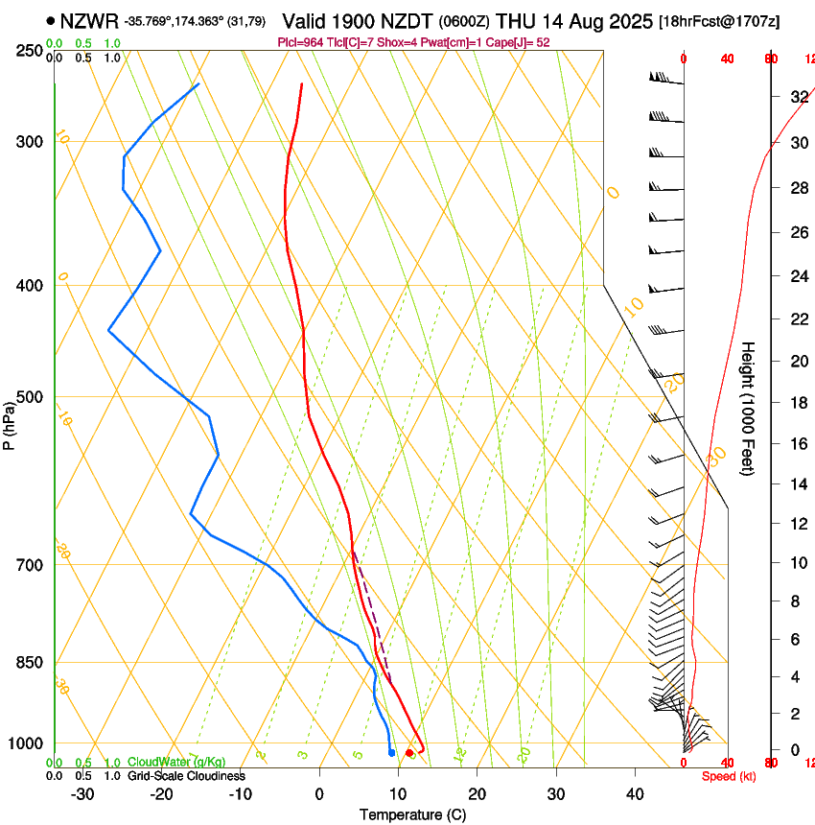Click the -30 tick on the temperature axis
(82, 794)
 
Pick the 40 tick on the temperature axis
(635, 794)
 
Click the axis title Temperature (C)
(412, 815)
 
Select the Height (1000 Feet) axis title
(748, 408)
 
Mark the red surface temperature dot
(409, 753)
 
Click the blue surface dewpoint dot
(392, 753)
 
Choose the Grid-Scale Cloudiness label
(186, 775)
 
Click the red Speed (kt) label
(729, 776)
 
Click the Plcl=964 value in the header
(298, 42)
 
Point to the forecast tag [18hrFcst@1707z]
(733, 21)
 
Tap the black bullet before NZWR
(50, 20)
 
